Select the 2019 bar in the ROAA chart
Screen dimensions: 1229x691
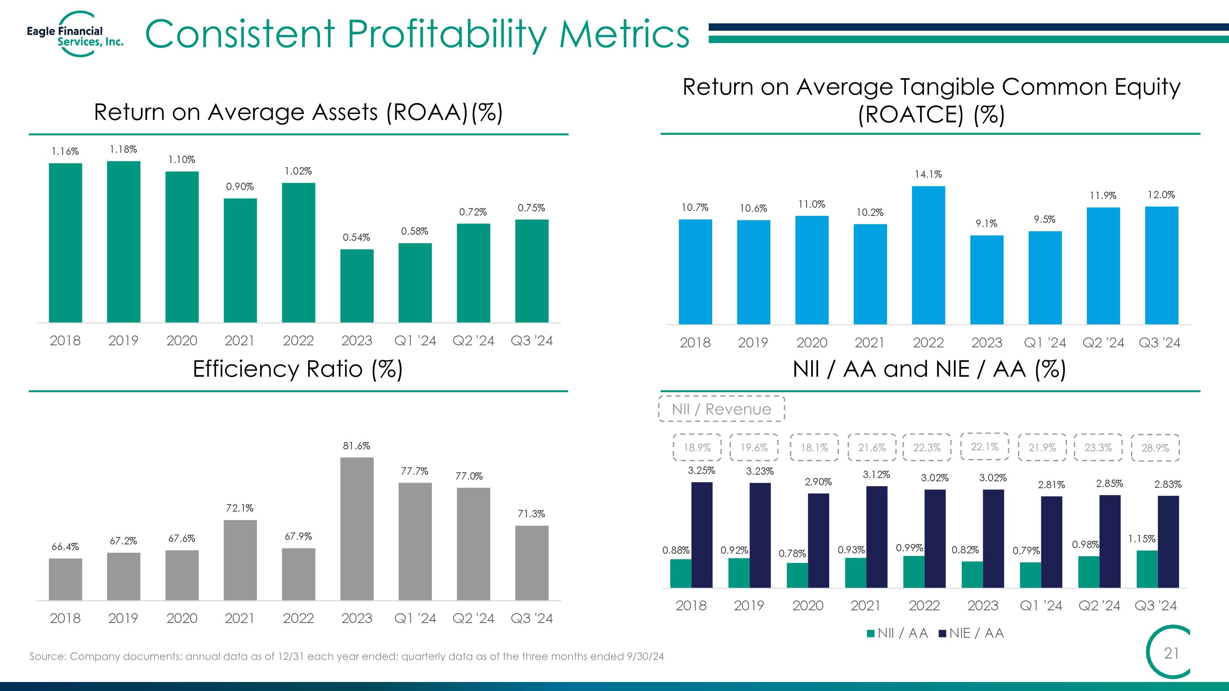point(124,242)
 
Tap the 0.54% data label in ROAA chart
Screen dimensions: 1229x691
point(356,238)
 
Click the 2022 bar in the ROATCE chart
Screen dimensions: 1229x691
point(928,255)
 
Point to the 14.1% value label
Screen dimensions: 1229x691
point(928,174)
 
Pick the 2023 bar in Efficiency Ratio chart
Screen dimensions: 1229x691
point(357,529)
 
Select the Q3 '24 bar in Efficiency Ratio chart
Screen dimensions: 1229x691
point(531,563)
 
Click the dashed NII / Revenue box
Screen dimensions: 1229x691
point(721,409)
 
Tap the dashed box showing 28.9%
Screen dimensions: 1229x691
point(1155,448)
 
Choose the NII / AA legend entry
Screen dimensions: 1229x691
point(897,633)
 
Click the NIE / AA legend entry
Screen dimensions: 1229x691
point(971,633)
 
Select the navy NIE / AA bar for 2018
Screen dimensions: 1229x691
point(702,535)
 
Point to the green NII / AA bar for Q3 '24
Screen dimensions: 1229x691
point(1147,569)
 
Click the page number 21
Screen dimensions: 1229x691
point(1171,653)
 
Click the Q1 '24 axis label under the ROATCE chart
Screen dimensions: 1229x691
point(1045,342)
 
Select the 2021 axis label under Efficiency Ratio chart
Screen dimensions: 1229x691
point(240,618)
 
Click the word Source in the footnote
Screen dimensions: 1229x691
point(47,656)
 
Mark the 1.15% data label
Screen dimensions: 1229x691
point(1142,539)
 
